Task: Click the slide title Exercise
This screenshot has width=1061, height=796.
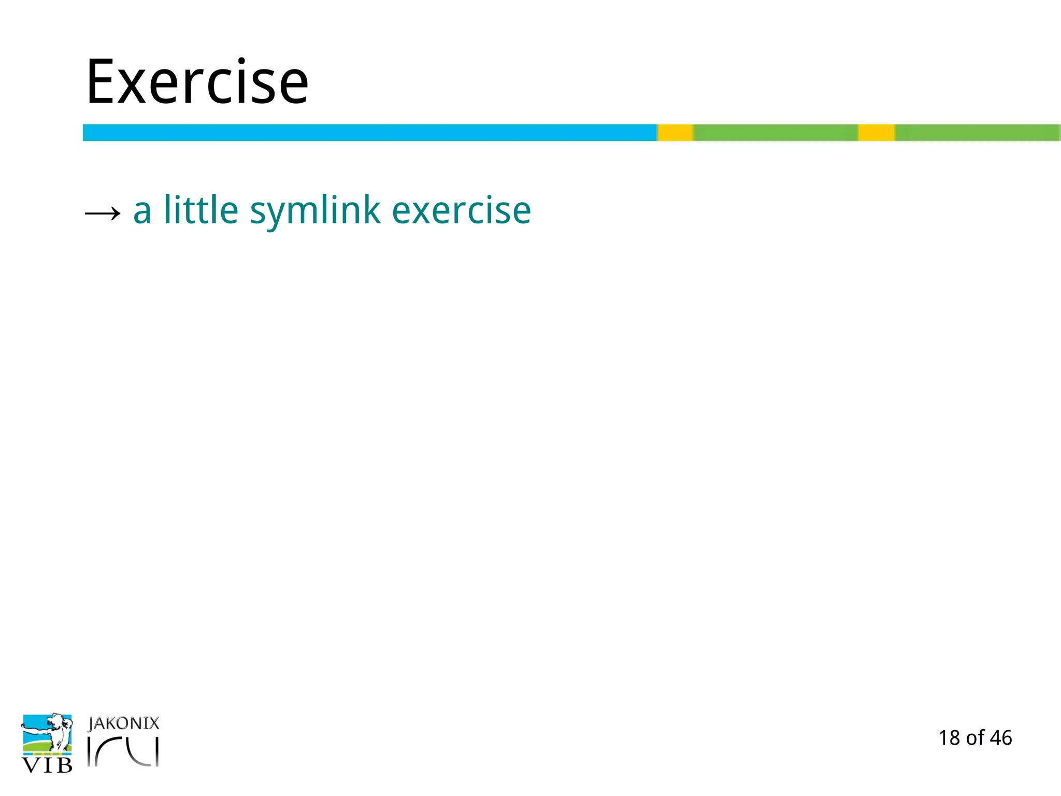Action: click(197, 82)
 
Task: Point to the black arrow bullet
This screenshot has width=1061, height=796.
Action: click(103, 212)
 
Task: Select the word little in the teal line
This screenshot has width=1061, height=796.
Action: click(201, 210)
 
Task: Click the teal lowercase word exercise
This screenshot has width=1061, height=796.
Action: click(461, 210)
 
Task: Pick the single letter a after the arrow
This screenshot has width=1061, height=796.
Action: click(142, 211)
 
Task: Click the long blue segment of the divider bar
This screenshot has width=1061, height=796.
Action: click(369, 133)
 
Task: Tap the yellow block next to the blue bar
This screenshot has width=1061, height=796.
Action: click(675, 133)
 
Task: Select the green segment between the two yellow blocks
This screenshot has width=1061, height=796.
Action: click(776, 133)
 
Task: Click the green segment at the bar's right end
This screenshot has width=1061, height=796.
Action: click(977, 133)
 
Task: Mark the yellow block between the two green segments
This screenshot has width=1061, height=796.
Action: click(876, 133)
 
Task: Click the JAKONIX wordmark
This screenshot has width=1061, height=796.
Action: click(123, 723)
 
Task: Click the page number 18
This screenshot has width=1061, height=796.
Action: click(949, 738)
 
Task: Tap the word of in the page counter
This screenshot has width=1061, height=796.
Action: click(975, 738)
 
